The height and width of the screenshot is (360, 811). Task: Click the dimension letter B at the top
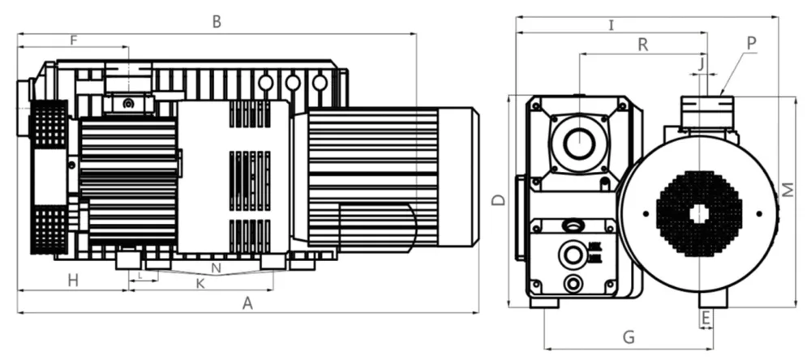click(x=217, y=22)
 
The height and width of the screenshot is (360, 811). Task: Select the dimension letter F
click(x=74, y=39)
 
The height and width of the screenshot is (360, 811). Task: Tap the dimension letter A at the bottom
click(x=249, y=303)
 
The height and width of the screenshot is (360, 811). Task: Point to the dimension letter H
click(x=73, y=281)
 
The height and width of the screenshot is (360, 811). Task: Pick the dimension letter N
click(x=216, y=268)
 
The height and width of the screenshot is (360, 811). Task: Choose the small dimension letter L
click(x=141, y=276)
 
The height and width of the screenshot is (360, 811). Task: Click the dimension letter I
click(x=611, y=25)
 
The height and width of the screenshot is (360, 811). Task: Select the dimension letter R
click(x=642, y=45)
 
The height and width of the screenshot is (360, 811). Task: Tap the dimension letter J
click(x=702, y=61)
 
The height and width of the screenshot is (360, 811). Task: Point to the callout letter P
click(x=751, y=42)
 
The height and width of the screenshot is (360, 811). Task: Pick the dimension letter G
click(x=628, y=336)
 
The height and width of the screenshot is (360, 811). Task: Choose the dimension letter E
click(x=706, y=317)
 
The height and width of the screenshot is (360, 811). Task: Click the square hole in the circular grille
click(x=699, y=213)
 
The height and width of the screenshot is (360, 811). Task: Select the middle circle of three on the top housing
click(x=293, y=82)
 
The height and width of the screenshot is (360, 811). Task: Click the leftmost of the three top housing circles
click(x=265, y=82)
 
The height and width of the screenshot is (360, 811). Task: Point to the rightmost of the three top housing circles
click(x=320, y=82)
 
